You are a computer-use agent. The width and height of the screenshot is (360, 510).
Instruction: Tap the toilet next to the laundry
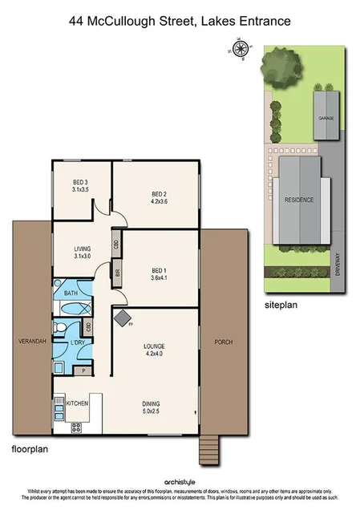point(59,328)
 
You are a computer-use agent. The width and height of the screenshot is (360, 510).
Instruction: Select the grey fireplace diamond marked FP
point(123,319)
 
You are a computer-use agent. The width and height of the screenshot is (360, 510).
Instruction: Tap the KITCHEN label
point(75,402)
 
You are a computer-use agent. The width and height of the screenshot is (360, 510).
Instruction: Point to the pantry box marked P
point(84,371)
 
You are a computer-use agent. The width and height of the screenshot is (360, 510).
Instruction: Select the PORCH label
point(223,342)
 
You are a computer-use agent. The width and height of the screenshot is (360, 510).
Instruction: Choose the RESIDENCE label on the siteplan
point(298,200)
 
